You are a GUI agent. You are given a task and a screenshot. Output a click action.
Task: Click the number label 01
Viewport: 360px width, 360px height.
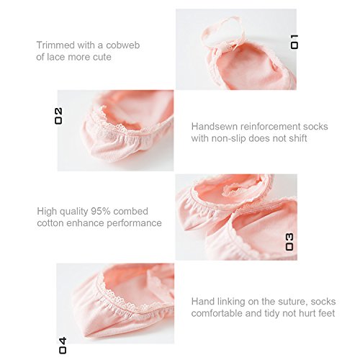pyautogui.click(x=294, y=42)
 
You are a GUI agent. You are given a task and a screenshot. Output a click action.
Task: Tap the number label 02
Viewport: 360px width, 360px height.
pyautogui.click(x=58, y=116)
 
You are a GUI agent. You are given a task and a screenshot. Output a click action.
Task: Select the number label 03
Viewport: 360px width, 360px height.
pyautogui.click(x=289, y=242)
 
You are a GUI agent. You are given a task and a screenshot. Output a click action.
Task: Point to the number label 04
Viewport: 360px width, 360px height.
pyautogui.click(x=63, y=346)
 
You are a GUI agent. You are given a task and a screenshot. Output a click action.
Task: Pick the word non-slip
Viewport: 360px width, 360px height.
pyautogui.click(x=229, y=138)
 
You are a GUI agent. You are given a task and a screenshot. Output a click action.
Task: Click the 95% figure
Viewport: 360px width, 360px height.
pyautogui.click(x=101, y=211)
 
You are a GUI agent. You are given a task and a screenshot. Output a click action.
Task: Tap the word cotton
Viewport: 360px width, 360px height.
pyautogui.click(x=50, y=223)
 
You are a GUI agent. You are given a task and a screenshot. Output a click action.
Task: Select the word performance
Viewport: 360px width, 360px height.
pyautogui.click(x=134, y=224)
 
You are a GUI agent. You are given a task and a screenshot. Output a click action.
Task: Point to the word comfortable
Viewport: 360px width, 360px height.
pyautogui.click(x=217, y=313)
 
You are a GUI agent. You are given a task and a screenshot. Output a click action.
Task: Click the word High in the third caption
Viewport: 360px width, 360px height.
pyautogui.click(x=47, y=212)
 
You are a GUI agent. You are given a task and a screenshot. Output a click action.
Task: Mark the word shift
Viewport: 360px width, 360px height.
pyautogui.click(x=298, y=138)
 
